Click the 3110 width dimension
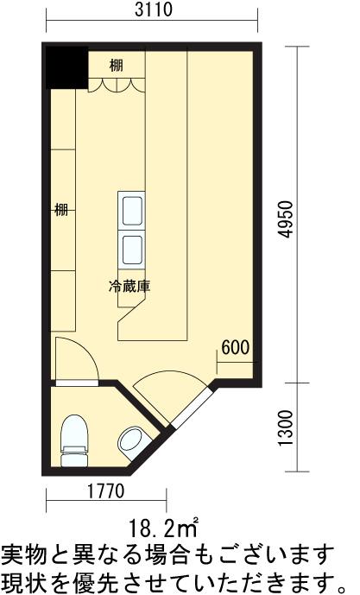(x=154, y=9)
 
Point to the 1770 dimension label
(x=106, y=491)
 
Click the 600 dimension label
(x=235, y=347)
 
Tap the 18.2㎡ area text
(x=163, y=529)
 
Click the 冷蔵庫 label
(x=129, y=286)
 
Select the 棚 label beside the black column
(x=117, y=66)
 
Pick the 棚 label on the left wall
(x=61, y=210)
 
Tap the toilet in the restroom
(x=75, y=440)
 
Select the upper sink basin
(x=131, y=211)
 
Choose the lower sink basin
(x=131, y=250)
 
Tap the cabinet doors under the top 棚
(x=117, y=85)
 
